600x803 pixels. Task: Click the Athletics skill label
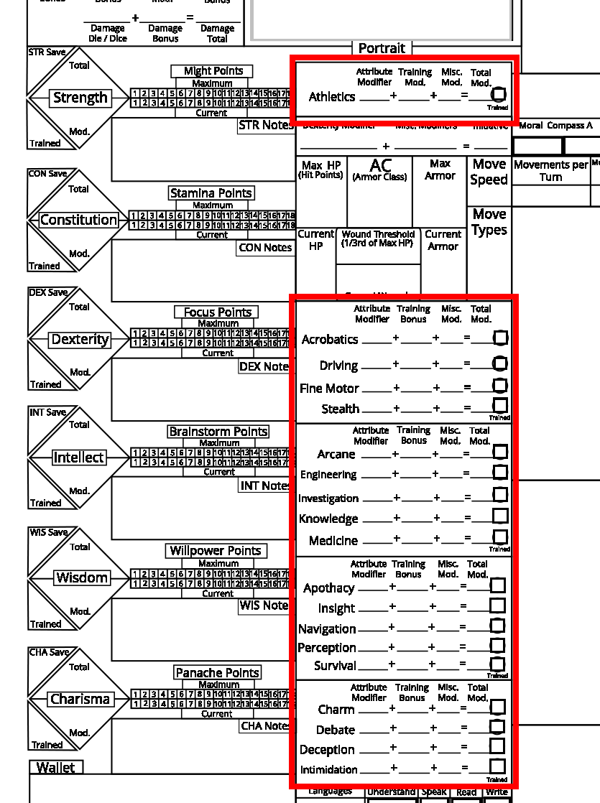332,97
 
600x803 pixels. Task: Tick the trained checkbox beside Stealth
500,407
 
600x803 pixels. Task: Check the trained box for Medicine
500,537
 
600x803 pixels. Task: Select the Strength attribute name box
80,98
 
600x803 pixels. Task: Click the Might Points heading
213,71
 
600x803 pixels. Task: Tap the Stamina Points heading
211,193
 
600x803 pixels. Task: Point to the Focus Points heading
217,312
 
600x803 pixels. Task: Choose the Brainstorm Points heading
218,432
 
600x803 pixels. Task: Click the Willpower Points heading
216,551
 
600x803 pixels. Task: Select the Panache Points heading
218,673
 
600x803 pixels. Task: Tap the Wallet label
56,767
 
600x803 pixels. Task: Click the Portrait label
382,48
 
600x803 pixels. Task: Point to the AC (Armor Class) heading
380,170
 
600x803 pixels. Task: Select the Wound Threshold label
378,238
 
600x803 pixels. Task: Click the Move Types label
489,222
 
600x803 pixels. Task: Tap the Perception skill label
327,648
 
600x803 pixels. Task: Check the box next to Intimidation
497,767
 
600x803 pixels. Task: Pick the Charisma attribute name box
80,699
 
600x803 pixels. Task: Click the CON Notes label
265,248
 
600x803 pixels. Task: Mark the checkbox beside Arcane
500,452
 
